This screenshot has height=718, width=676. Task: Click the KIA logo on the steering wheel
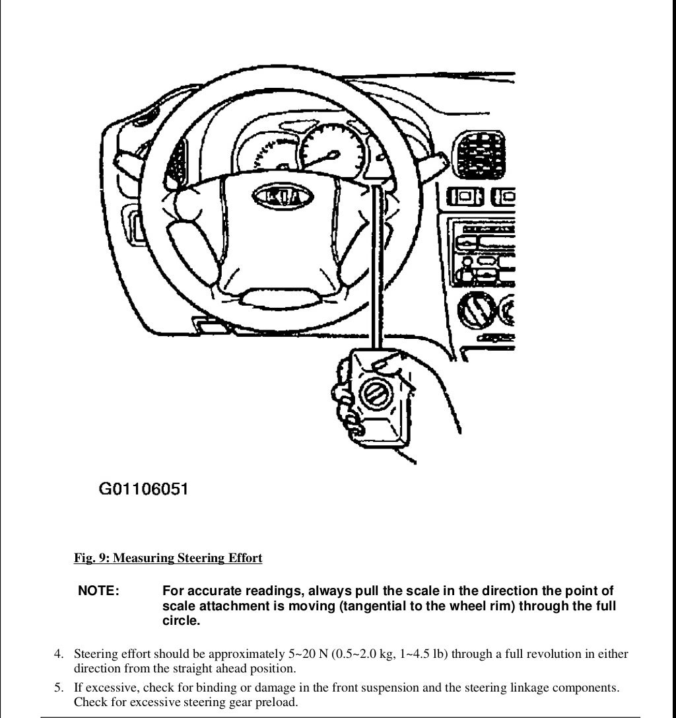coord(282,197)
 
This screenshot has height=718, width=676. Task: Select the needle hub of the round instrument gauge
coord(333,156)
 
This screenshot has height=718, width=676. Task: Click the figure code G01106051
coord(143,489)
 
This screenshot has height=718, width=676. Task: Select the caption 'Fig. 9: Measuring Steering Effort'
coord(168,558)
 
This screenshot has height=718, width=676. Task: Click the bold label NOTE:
coord(98,591)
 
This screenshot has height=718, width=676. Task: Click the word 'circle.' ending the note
coord(181,622)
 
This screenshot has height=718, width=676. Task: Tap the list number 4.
coord(59,655)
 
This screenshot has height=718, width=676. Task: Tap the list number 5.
coord(59,688)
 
